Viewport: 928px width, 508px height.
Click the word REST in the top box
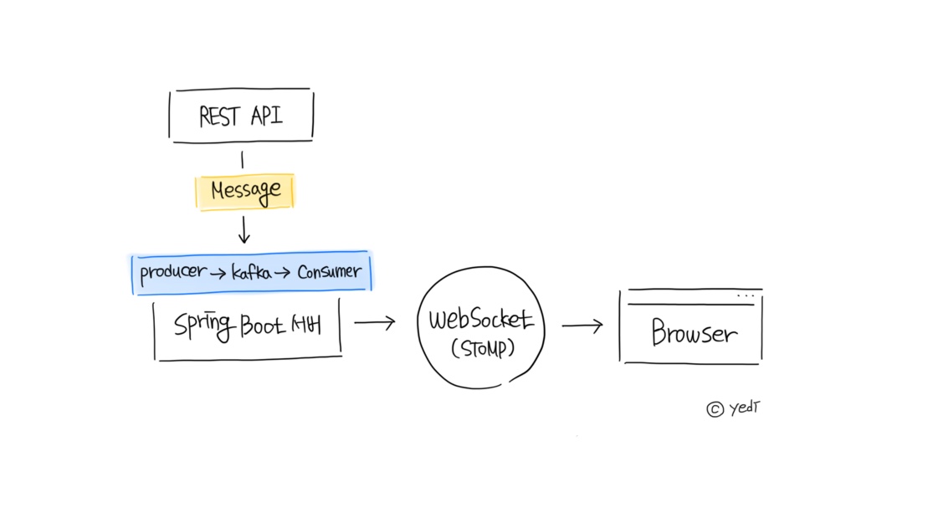point(219,116)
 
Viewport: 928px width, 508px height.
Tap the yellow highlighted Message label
point(245,192)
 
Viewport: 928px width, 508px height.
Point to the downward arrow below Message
point(244,228)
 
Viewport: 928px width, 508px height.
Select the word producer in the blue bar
point(172,273)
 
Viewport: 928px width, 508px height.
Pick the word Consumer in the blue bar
point(330,272)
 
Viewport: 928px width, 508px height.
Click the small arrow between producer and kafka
point(219,274)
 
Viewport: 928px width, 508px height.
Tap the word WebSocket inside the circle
point(481,321)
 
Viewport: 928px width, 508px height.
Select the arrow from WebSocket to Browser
point(582,326)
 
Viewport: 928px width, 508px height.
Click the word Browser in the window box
point(695,334)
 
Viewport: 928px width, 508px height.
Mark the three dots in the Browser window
point(746,296)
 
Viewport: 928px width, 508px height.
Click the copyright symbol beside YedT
point(715,409)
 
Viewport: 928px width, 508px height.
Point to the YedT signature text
point(745,408)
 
